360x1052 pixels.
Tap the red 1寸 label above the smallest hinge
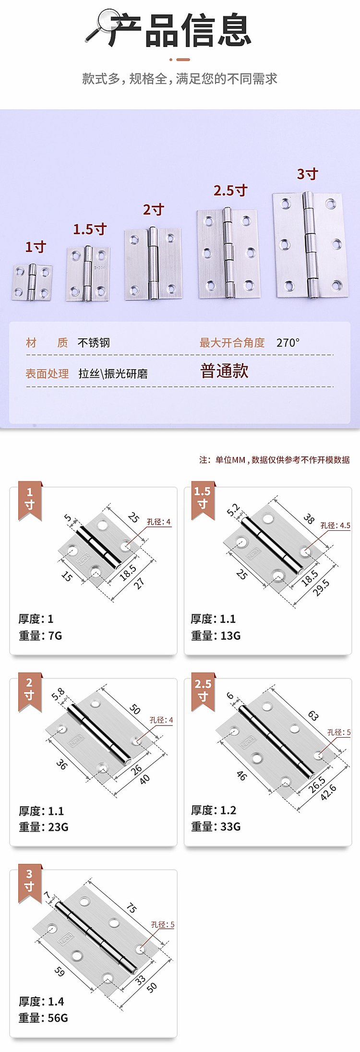(x=36, y=247)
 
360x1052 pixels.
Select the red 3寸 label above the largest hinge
(x=308, y=174)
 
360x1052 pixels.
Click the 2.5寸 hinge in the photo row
(x=228, y=253)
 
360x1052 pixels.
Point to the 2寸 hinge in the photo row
(x=154, y=263)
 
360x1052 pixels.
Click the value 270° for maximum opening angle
(x=288, y=343)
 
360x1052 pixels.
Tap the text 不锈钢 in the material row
(x=94, y=343)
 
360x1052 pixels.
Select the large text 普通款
(x=224, y=371)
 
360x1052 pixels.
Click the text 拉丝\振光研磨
(x=113, y=374)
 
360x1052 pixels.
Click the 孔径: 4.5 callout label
(x=336, y=526)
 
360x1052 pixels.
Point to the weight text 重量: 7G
(x=40, y=635)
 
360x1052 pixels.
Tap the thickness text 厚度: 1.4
(x=41, y=1002)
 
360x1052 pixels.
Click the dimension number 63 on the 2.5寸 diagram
(x=313, y=716)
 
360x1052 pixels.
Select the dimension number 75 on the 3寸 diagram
(x=131, y=908)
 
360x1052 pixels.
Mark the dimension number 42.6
(x=328, y=792)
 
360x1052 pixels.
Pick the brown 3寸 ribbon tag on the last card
(x=30, y=884)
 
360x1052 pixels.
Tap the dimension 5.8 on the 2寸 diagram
(x=58, y=694)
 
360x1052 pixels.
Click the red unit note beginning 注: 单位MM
(x=275, y=460)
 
